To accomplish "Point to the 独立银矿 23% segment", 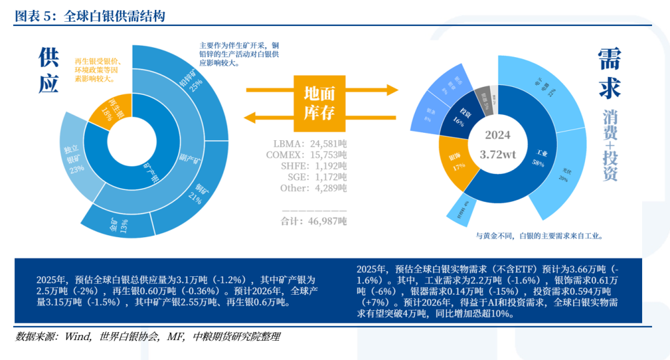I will coord(77,160).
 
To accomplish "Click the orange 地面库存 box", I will coord(319,102).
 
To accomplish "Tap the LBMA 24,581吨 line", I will coord(310,143).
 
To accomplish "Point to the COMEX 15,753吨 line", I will coord(310,154).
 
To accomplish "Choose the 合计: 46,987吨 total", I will coord(314,221).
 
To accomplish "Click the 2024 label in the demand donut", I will coord(498,135).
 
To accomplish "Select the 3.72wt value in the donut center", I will coord(498,154).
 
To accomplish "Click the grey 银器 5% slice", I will coord(485,101).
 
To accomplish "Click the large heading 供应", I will coord(48,70).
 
